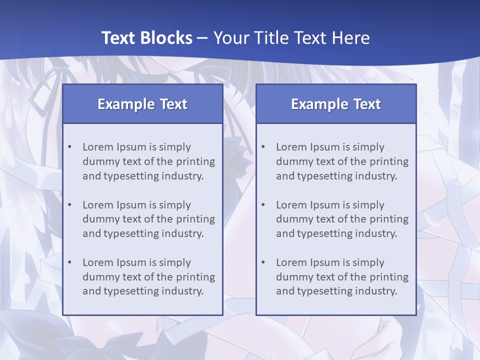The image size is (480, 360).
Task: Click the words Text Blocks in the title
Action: (x=146, y=38)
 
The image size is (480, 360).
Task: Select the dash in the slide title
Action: (x=202, y=38)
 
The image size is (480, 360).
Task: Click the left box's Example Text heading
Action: (x=142, y=104)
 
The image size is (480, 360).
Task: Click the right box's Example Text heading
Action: (x=336, y=104)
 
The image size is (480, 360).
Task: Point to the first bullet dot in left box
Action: (x=69, y=147)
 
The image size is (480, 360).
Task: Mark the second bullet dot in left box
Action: (x=69, y=205)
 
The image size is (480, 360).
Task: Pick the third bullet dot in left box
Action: (x=69, y=262)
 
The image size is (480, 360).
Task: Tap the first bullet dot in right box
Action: (x=263, y=147)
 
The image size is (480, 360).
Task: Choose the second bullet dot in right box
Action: (x=263, y=205)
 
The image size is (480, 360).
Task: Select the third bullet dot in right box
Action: (x=263, y=262)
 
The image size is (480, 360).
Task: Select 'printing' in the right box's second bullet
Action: (x=390, y=219)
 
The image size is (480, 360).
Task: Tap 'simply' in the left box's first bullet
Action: (x=175, y=147)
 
